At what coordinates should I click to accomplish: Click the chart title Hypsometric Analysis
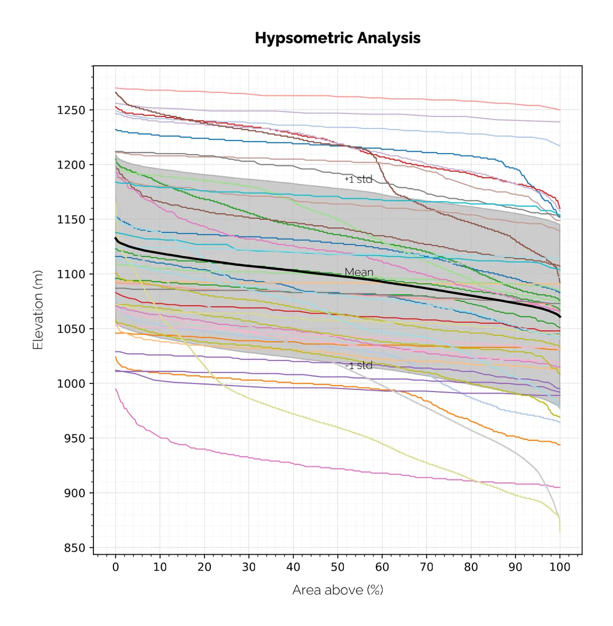[x=338, y=38]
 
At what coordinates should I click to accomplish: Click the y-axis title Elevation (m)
[x=37, y=310]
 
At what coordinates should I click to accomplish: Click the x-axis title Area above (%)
[x=338, y=590]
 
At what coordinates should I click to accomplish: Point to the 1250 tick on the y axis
[x=71, y=110]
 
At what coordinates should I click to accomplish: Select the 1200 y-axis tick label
[x=71, y=165]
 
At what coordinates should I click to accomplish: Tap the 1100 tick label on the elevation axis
[x=71, y=274]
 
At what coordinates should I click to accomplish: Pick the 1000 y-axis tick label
[x=71, y=383]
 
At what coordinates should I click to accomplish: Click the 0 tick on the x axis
[x=115, y=567]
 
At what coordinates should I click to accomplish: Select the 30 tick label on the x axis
[x=249, y=567]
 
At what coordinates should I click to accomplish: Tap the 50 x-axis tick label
[x=338, y=567]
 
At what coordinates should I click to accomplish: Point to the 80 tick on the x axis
[x=471, y=567]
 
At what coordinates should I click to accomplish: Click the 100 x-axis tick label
[x=560, y=567]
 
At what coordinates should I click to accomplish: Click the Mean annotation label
[x=359, y=272]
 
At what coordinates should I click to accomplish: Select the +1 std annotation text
[x=359, y=179]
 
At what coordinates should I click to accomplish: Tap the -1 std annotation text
[x=359, y=366]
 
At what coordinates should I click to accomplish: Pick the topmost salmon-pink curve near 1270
[x=306, y=95]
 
